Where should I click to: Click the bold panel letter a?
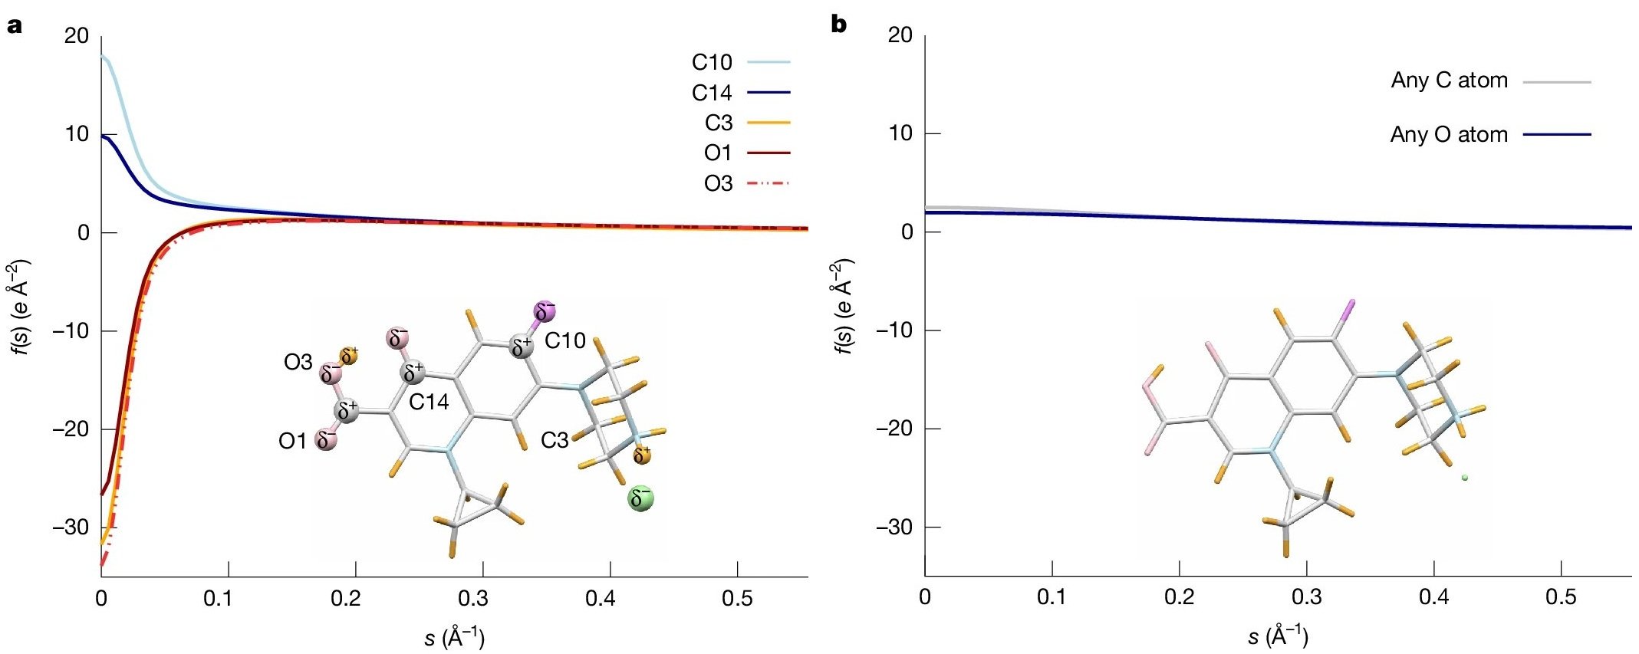[14, 25]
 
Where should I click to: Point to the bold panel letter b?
[839, 25]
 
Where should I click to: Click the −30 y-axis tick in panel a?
[71, 527]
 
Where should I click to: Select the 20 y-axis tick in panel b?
[900, 35]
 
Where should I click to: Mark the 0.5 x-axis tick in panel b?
[1561, 597]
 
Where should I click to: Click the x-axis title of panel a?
[454, 637]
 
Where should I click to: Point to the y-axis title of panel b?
[843, 307]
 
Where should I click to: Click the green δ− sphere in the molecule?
[640, 498]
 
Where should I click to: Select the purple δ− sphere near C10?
[545, 311]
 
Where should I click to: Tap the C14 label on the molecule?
[429, 402]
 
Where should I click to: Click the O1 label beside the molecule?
[292, 441]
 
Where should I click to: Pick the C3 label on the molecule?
[555, 440]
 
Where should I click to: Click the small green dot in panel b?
[1464, 478]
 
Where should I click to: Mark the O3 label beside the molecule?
[298, 362]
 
